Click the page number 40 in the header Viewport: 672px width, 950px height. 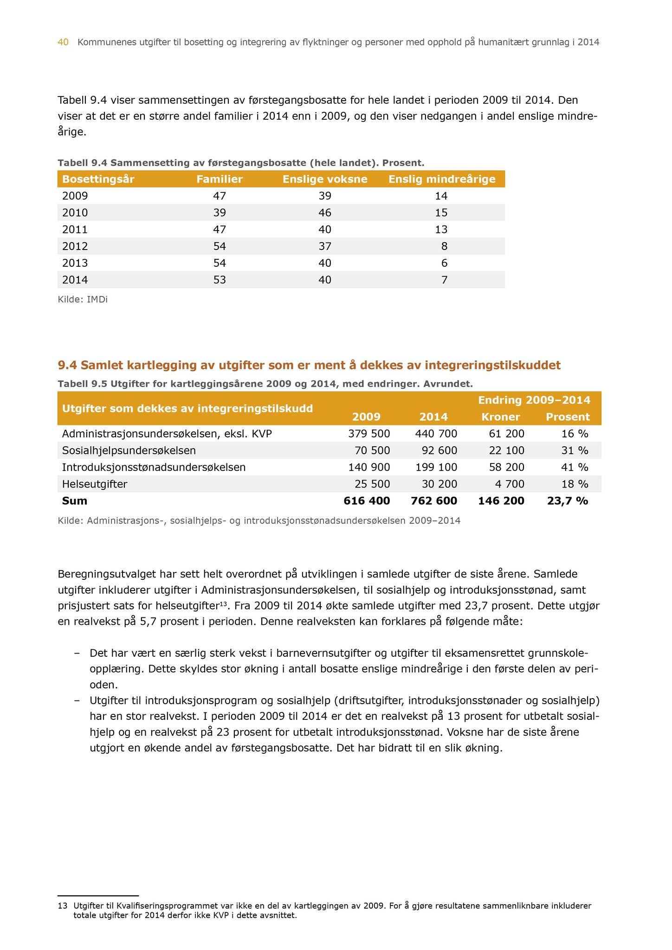(x=63, y=43)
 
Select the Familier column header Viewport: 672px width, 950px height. (x=220, y=179)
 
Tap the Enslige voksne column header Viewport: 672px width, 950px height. (x=325, y=179)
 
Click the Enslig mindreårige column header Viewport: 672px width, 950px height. (x=442, y=179)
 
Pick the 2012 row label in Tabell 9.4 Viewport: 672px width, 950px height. (x=75, y=246)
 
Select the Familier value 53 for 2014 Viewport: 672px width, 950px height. (x=220, y=280)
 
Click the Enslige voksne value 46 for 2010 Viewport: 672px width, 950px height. (x=325, y=213)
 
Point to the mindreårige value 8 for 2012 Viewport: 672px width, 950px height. (x=445, y=246)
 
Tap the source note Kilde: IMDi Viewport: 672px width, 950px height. (x=83, y=300)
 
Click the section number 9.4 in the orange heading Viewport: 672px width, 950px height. (x=67, y=366)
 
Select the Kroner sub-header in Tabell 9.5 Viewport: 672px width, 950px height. (x=501, y=417)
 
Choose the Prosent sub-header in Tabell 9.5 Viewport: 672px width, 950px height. (x=568, y=417)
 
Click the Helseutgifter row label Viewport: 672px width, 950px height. (x=95, y=484)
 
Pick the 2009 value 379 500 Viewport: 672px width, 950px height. (x=369, y=434)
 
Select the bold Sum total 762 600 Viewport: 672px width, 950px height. (x=434, y=501)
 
